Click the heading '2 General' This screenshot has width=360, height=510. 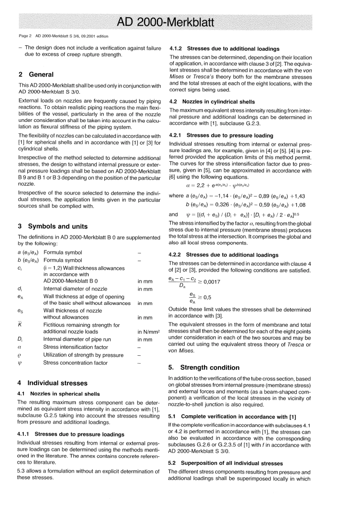point(36,75)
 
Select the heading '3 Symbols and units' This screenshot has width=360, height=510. point(53,226)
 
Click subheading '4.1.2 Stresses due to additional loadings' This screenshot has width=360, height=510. point(224,49)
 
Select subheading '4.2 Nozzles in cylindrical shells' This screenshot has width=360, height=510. point(212,102)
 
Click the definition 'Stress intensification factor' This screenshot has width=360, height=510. point(75,347)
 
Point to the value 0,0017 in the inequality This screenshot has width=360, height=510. point(211,282)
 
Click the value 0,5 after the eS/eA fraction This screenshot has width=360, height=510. point(207,298)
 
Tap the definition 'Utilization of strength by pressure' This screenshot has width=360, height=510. point(83,355)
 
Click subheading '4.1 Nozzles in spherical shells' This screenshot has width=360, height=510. point(59,394)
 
